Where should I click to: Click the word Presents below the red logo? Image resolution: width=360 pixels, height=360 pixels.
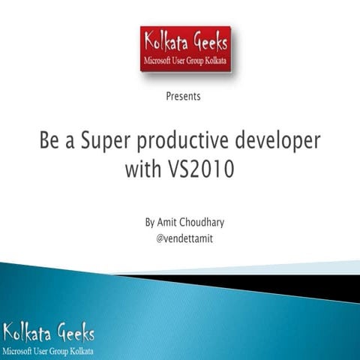(182, 96)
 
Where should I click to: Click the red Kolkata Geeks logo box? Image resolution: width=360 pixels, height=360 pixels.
(185, 49)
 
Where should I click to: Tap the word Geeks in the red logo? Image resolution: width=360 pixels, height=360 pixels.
(207, 41)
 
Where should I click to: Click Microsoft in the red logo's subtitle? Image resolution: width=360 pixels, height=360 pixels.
(160, 59)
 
